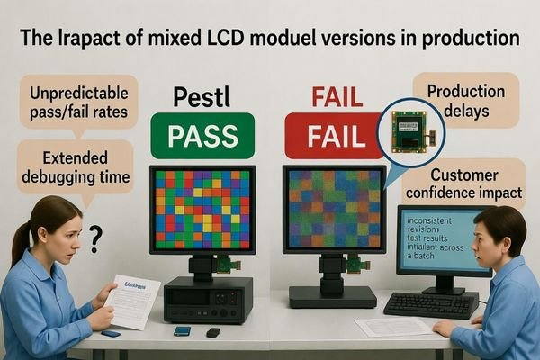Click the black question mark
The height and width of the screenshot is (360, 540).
95,238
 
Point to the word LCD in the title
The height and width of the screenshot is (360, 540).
255,40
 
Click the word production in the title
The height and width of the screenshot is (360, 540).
468,40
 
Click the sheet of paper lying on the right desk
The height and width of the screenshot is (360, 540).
383,326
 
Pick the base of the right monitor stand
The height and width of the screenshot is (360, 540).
332,296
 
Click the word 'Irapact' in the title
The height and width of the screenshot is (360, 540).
99,40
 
